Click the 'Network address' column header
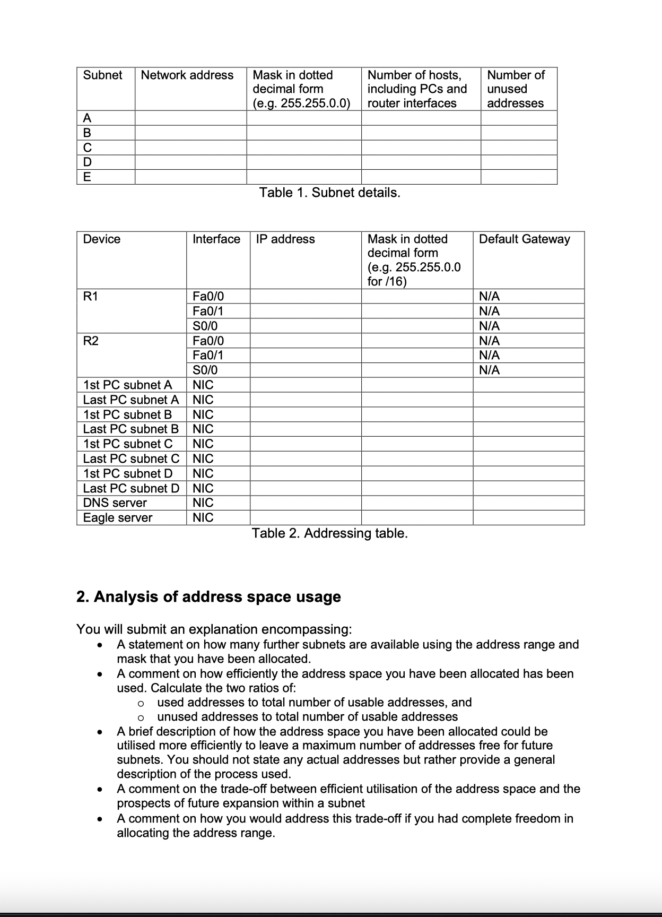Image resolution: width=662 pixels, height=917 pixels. pyautogui.click(x=187, y=75)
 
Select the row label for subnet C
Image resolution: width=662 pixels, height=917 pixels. pyautogui.click(x=88, y=148)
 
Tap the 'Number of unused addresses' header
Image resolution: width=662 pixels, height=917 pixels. pyautogui.click(x=516, y=89)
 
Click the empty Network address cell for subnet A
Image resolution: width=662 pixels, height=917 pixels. pyautogui.click(x=190, y=118)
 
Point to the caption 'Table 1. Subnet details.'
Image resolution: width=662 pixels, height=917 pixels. pyautogui.click(x=329, y=193)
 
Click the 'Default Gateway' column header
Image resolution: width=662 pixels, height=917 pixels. pyautogui.click(x=524, y=239)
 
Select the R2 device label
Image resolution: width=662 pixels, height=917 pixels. pyautogui.click(x=91, y=341)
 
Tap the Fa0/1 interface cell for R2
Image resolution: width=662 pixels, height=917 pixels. pyautogui.click(x=207, y=355)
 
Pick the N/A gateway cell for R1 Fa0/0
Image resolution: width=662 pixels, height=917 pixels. pyautogui.click(x=489, y=296)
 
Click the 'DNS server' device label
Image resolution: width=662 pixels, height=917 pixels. pyautogui.click(x=115, y=503)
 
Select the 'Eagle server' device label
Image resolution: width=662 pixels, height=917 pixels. pyautogui.click(x=118, y=518)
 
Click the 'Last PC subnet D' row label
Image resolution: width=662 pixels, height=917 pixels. pyautogui.click(x=131, y=488)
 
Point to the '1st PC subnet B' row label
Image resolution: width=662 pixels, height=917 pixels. pyautogui.click(x=127, y=414)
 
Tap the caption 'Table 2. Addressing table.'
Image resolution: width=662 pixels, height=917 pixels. pyautogui.click(x=329, y=533)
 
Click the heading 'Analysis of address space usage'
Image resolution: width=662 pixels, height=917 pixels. pyautogui.click(x=209, y=597)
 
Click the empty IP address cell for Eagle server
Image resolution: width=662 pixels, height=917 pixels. pyautogui.click(x=306, y=518)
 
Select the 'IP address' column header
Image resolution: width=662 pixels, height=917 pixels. pyautogui.click(x=285, y=239)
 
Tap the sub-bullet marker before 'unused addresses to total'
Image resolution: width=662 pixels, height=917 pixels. pyautogui.click(x=141, y=717)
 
